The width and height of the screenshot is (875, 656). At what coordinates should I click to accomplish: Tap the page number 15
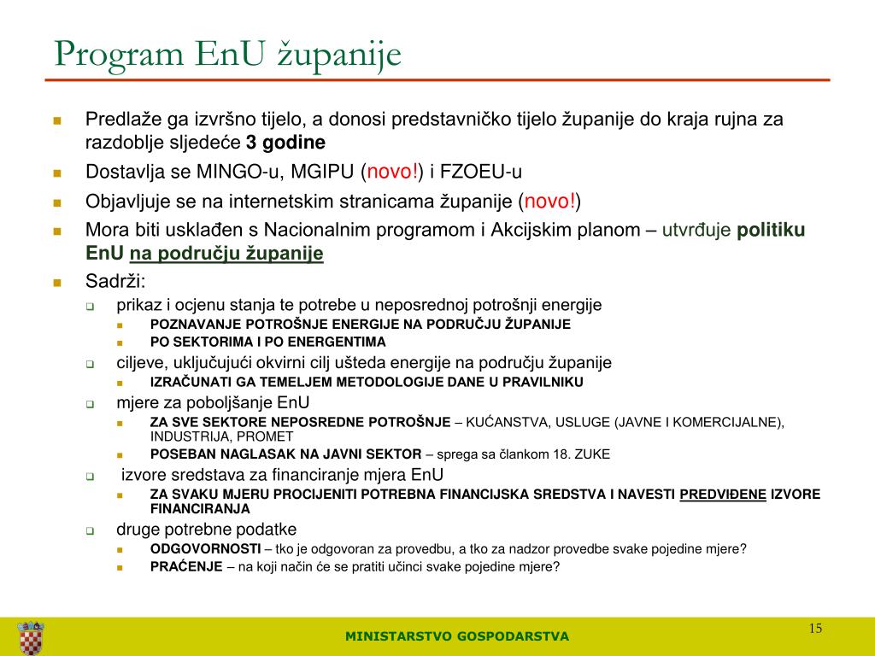click(x=815, y=629)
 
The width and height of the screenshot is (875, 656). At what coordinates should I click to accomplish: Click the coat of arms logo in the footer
click(x=31, y=637)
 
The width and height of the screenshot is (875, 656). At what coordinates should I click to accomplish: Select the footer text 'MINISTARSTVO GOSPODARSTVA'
click(x=456, y=636)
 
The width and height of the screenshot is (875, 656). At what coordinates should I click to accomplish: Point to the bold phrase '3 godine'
click(x=285, y=142)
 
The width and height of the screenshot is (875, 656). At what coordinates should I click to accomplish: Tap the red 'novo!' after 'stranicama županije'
click(x=550, y=202)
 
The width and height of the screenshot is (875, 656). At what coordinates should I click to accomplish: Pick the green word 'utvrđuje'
click(x=696, y=231)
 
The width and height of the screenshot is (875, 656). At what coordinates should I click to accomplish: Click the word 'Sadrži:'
click(x=115, y=281)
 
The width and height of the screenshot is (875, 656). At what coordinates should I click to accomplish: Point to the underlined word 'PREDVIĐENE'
click(x=723, y=494)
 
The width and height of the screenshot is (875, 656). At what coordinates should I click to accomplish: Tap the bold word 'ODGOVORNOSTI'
click(x=205, y=548)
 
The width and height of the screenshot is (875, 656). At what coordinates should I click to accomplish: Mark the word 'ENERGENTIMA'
click(x=280, y=342)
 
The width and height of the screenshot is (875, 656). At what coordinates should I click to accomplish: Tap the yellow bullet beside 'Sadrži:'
click(x=58, y=282)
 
